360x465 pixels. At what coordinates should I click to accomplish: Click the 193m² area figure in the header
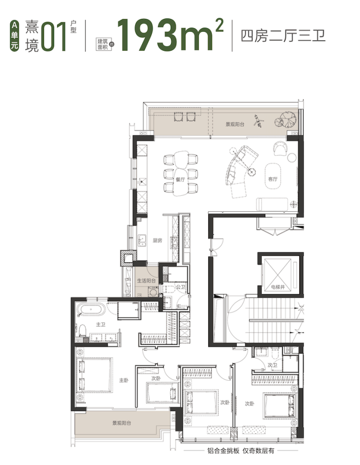click(170, 36)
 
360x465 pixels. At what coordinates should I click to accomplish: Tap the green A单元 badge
click(14, 36)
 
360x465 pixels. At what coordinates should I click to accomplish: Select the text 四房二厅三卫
click(283, 36)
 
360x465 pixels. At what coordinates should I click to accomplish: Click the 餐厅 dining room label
click(180, 179)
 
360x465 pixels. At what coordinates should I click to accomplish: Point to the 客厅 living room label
click(272, 179)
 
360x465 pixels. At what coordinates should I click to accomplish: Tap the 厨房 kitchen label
click(157, 241)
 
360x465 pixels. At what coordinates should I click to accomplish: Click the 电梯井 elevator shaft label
click(278, 287)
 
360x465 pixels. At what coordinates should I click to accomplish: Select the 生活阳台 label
click(146, 280)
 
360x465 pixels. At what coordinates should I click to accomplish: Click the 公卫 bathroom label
click(180, 287)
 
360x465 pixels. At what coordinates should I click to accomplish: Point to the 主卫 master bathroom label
click(101, 324)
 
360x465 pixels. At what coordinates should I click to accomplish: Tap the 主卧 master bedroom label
click(124, 380)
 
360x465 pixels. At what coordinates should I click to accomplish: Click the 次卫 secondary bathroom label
click(272, 365)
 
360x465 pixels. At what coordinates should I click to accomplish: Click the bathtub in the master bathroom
click(91, 310)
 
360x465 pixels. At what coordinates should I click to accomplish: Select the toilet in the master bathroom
click(82, 330)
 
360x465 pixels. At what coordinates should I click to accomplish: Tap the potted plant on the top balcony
click(286, 119)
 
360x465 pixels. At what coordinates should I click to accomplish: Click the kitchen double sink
click(142, 241)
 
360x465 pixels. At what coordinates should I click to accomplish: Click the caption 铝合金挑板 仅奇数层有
click(241, 451)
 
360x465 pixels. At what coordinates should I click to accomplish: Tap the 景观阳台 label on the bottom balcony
click(122, 423)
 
